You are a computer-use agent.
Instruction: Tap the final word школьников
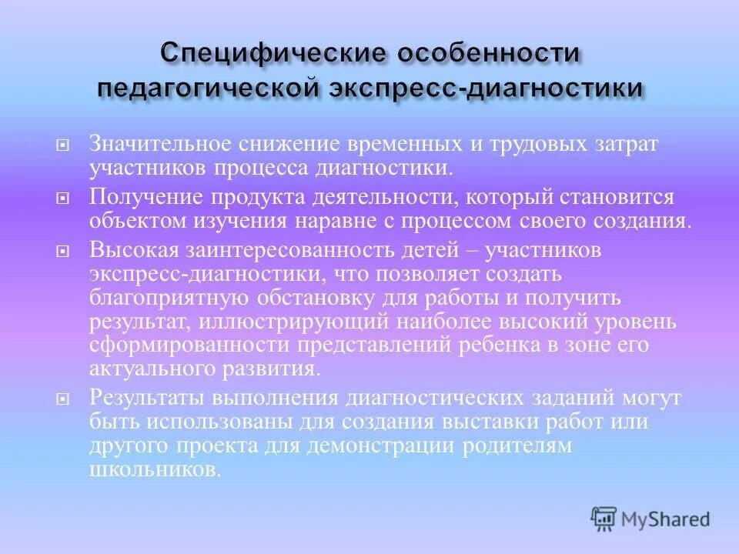pyautogui.click(x=154, y=471)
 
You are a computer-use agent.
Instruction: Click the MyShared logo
pyautogui.click(x=650, y=519)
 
